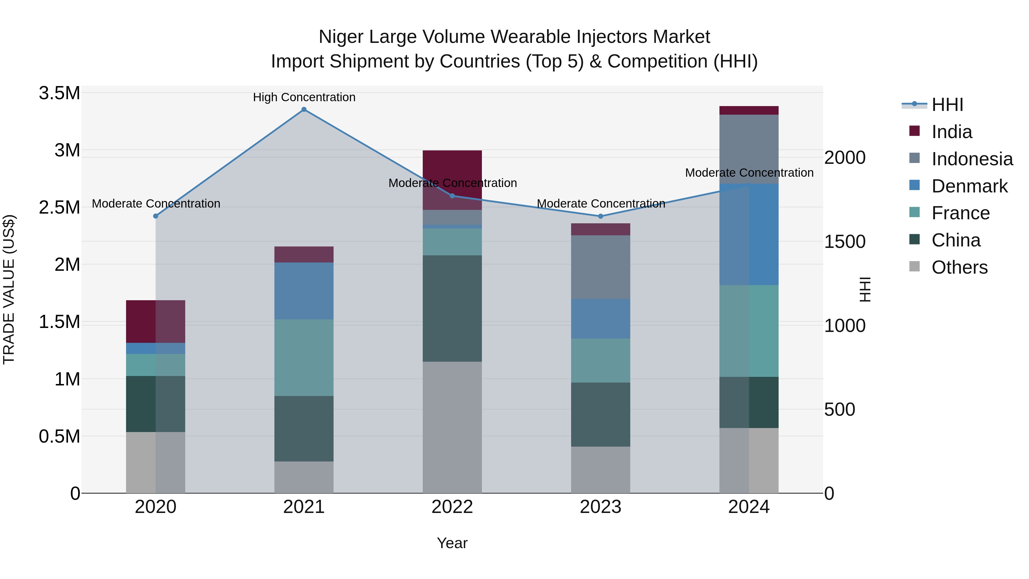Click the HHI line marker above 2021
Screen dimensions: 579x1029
(304, 110)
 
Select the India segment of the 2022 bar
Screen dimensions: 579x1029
(452, 168)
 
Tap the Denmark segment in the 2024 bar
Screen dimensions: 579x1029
(749, 234)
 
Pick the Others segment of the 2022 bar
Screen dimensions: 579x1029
(452, 427)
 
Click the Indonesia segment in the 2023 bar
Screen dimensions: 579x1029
(600, 267)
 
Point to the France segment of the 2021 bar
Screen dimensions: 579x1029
(304, 358)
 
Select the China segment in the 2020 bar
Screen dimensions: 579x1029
(155, 404)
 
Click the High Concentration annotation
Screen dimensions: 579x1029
(304, 97)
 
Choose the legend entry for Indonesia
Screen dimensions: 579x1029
(972, 159)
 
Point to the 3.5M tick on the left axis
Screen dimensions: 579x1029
(59, 93)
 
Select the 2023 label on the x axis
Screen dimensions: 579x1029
(600, 507)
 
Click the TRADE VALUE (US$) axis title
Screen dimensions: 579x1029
(9, 289)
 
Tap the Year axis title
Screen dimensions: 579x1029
(452, 543)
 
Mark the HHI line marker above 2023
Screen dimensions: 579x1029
(600, 216)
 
